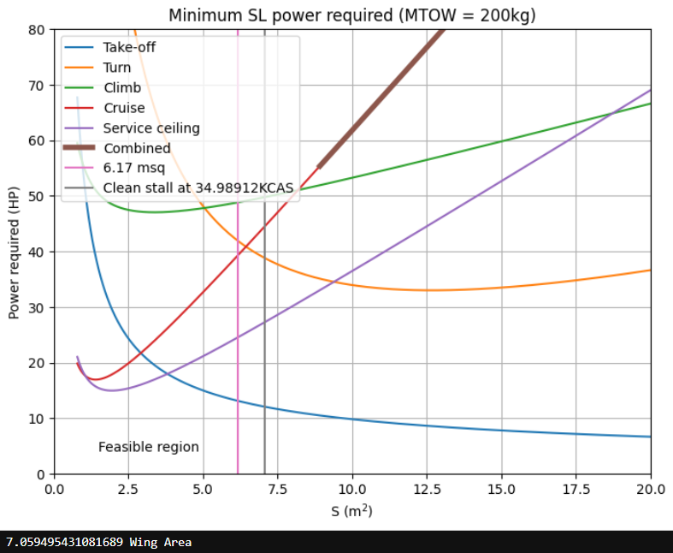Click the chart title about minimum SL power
pos(352,15)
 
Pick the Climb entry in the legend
pos(122,87)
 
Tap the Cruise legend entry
pos(124,108)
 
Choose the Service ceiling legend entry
pos(151,128)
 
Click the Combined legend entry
pos(137,148)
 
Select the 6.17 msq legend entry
pos(134,169)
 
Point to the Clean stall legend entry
pos(198,188)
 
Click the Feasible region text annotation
pos(149,447)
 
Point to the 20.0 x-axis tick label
pos(651,490)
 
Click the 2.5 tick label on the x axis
pos(128,490)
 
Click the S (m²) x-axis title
pos(351,510)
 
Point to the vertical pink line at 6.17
pos(238,342)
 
